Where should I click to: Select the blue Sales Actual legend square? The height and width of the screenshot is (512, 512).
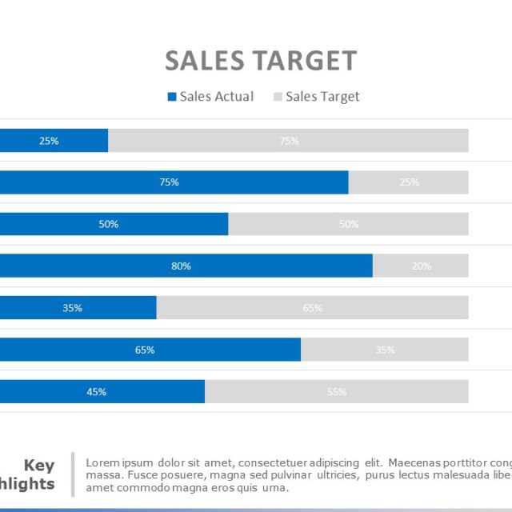(x=171, y=97)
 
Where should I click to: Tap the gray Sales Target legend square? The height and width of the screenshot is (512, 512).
(x=278, y=97)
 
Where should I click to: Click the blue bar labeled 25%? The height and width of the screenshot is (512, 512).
(x=53, y=141)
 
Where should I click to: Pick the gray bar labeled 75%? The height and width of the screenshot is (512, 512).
(x=288, y=141)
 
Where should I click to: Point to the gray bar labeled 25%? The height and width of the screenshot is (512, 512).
(x=409, y=182)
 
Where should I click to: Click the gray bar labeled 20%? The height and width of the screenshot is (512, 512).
(x=421, y=266)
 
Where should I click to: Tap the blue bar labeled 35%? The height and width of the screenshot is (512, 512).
(x=77, y=308)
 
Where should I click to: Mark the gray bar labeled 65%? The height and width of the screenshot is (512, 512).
(x=313, y=308)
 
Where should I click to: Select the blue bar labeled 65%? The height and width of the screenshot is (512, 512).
(x=149, y=350)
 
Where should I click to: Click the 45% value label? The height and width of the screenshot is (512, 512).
(x=97, y=392)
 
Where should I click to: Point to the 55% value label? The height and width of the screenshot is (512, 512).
(x=337, y=392)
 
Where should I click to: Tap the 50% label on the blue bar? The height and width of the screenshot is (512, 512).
(x=109, y=224)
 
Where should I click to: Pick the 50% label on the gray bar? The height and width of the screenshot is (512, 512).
(x=349, y=224)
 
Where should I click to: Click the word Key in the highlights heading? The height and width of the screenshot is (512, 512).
(x=39, y=466)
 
